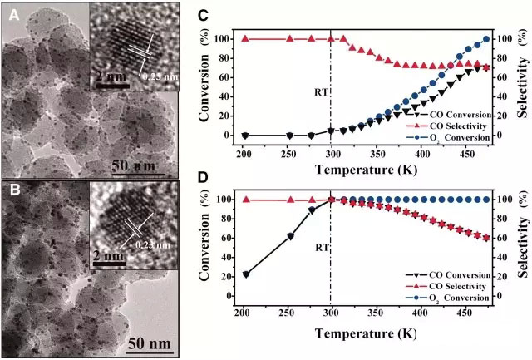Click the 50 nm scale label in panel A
135,165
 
